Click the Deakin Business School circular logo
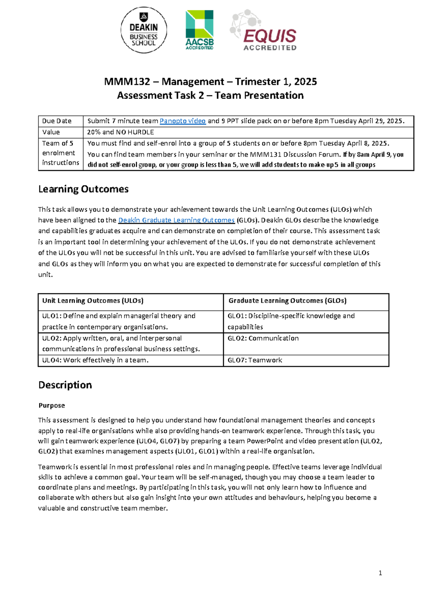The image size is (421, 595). tap(143, 31)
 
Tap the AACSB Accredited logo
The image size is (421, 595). tap(199, 30)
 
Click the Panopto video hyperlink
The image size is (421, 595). tap(182, 121)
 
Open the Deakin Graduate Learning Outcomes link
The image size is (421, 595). tap(176, 220)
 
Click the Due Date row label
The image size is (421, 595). tap(57, 121)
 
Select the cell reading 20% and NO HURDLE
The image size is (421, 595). tap(121, 132)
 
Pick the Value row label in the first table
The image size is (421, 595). tap(51, 132)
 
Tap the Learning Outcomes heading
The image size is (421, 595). tap(83, 189)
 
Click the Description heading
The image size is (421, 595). tap(65, 385)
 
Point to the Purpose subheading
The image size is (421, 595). tap(52, 405)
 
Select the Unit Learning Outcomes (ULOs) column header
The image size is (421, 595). tap(93, 301)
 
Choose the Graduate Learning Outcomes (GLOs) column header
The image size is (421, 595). tap(287, 301)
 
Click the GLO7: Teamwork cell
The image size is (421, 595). tap(255, 360)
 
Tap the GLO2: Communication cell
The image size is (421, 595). tap(263, 338)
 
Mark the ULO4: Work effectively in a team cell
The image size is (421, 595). tap(95, 360)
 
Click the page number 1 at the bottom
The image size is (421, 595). tap(380, 573)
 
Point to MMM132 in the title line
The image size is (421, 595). tap(127, 82)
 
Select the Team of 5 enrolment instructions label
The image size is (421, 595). tap(60, 153)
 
